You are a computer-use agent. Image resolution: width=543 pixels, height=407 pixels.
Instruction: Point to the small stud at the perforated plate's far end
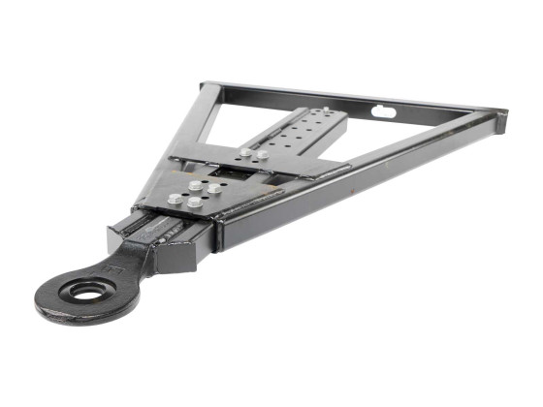click(326, 110)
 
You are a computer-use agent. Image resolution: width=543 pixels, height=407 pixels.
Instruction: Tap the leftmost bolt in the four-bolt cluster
click(176, 199)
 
